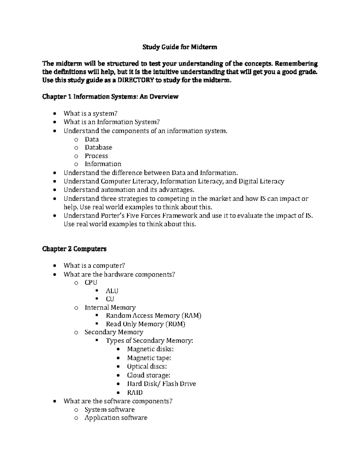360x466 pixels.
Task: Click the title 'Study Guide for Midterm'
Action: pyautogui.click(x=180, y=47)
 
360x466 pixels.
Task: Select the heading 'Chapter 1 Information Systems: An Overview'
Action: pyautogui.click(x=110, y=97)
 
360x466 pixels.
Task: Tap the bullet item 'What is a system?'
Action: pyautogui.click(x=90, y=113)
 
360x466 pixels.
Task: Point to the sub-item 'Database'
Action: pyautogui.click(x=98, y=147)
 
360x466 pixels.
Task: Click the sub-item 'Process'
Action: pyautogui.click(x=96, y=156)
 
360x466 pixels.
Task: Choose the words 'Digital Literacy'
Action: pyautogui.click(x=261, y=181)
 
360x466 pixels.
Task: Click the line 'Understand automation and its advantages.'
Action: pyautogui.click(x=129, y=190)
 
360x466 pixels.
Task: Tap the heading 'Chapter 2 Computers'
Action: pyautogui.click(x=74, y=249)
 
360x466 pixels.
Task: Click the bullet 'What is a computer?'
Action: pyautogui.click(x=94, y=266)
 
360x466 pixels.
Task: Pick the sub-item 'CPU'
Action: pyautogui.click(x=91, y=282)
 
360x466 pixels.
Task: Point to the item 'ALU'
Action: pyautogui.click(x=112, y=291)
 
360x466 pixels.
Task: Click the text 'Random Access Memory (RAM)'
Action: pyautogui.click(x=154, y=316)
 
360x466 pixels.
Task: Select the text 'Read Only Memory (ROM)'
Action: pyautogui.click(x=145, y=324)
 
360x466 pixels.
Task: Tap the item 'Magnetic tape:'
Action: pyautogui.click(x=149, y=358)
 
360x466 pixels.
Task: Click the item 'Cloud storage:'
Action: pyautogui.click(x=148, y=375)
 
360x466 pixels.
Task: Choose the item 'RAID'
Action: pyautogui.click(x=135, y=392)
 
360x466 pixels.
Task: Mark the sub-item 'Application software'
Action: pyautogui.click(x=116, y=418)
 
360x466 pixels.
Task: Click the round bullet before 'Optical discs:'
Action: pyautogui.click(x=119, y=367)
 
